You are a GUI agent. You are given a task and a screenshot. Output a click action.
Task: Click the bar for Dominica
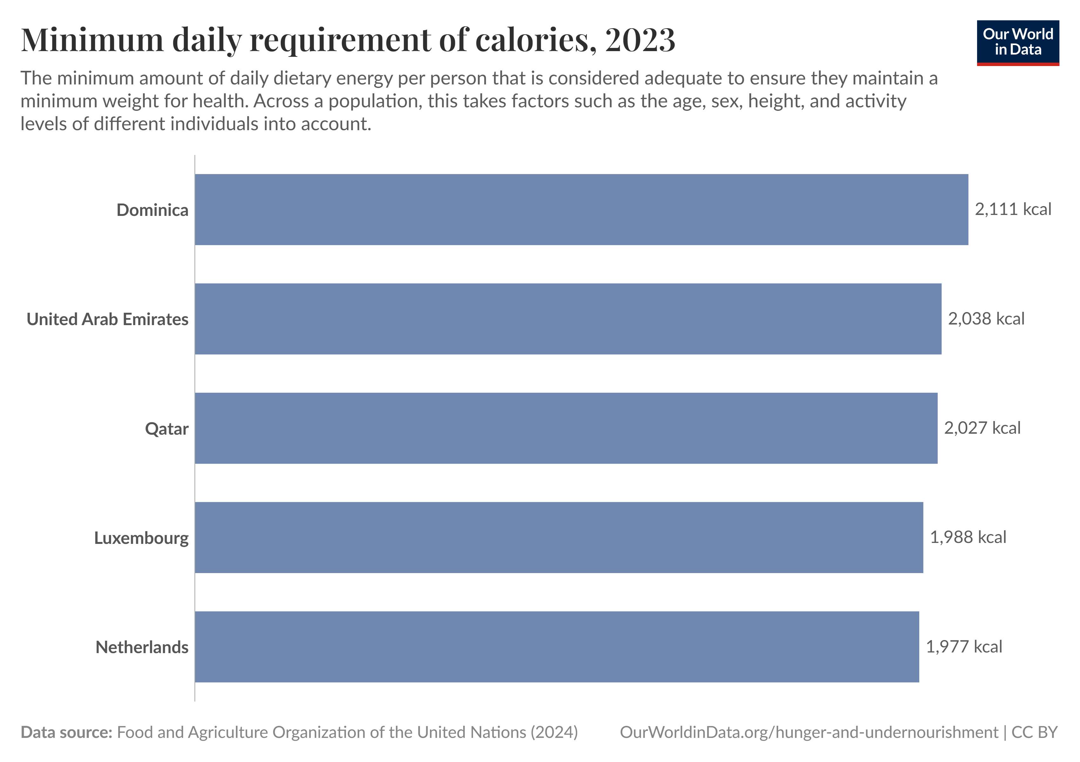coord(581,210)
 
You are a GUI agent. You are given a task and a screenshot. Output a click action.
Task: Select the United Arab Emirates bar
coord(568,319)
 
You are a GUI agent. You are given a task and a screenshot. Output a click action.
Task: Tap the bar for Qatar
coord(566,428)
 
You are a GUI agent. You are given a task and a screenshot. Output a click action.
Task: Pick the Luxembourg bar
coord(559,537)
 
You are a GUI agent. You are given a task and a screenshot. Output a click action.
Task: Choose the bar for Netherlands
coord(557,647)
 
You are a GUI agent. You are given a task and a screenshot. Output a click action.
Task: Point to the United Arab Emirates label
coord(107,319)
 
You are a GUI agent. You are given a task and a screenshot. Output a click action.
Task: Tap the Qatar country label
coord(166,429)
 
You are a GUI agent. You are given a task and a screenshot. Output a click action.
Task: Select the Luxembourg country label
coord(141,538)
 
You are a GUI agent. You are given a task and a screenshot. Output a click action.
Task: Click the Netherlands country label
coord(142,647)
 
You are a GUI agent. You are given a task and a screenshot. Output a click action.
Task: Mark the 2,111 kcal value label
coord(1013,209)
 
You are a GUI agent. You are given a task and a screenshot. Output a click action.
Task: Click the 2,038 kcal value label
coord(986,319)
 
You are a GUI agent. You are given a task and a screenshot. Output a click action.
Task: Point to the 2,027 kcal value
coord(982,428)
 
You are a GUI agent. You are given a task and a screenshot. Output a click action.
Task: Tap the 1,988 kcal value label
coord(968,537)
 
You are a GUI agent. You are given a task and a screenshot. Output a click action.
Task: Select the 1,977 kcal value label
coord(964,647)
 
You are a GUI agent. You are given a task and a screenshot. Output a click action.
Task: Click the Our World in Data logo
coord(1017,42)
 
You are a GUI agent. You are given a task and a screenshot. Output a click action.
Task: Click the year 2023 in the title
coord(640,40)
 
